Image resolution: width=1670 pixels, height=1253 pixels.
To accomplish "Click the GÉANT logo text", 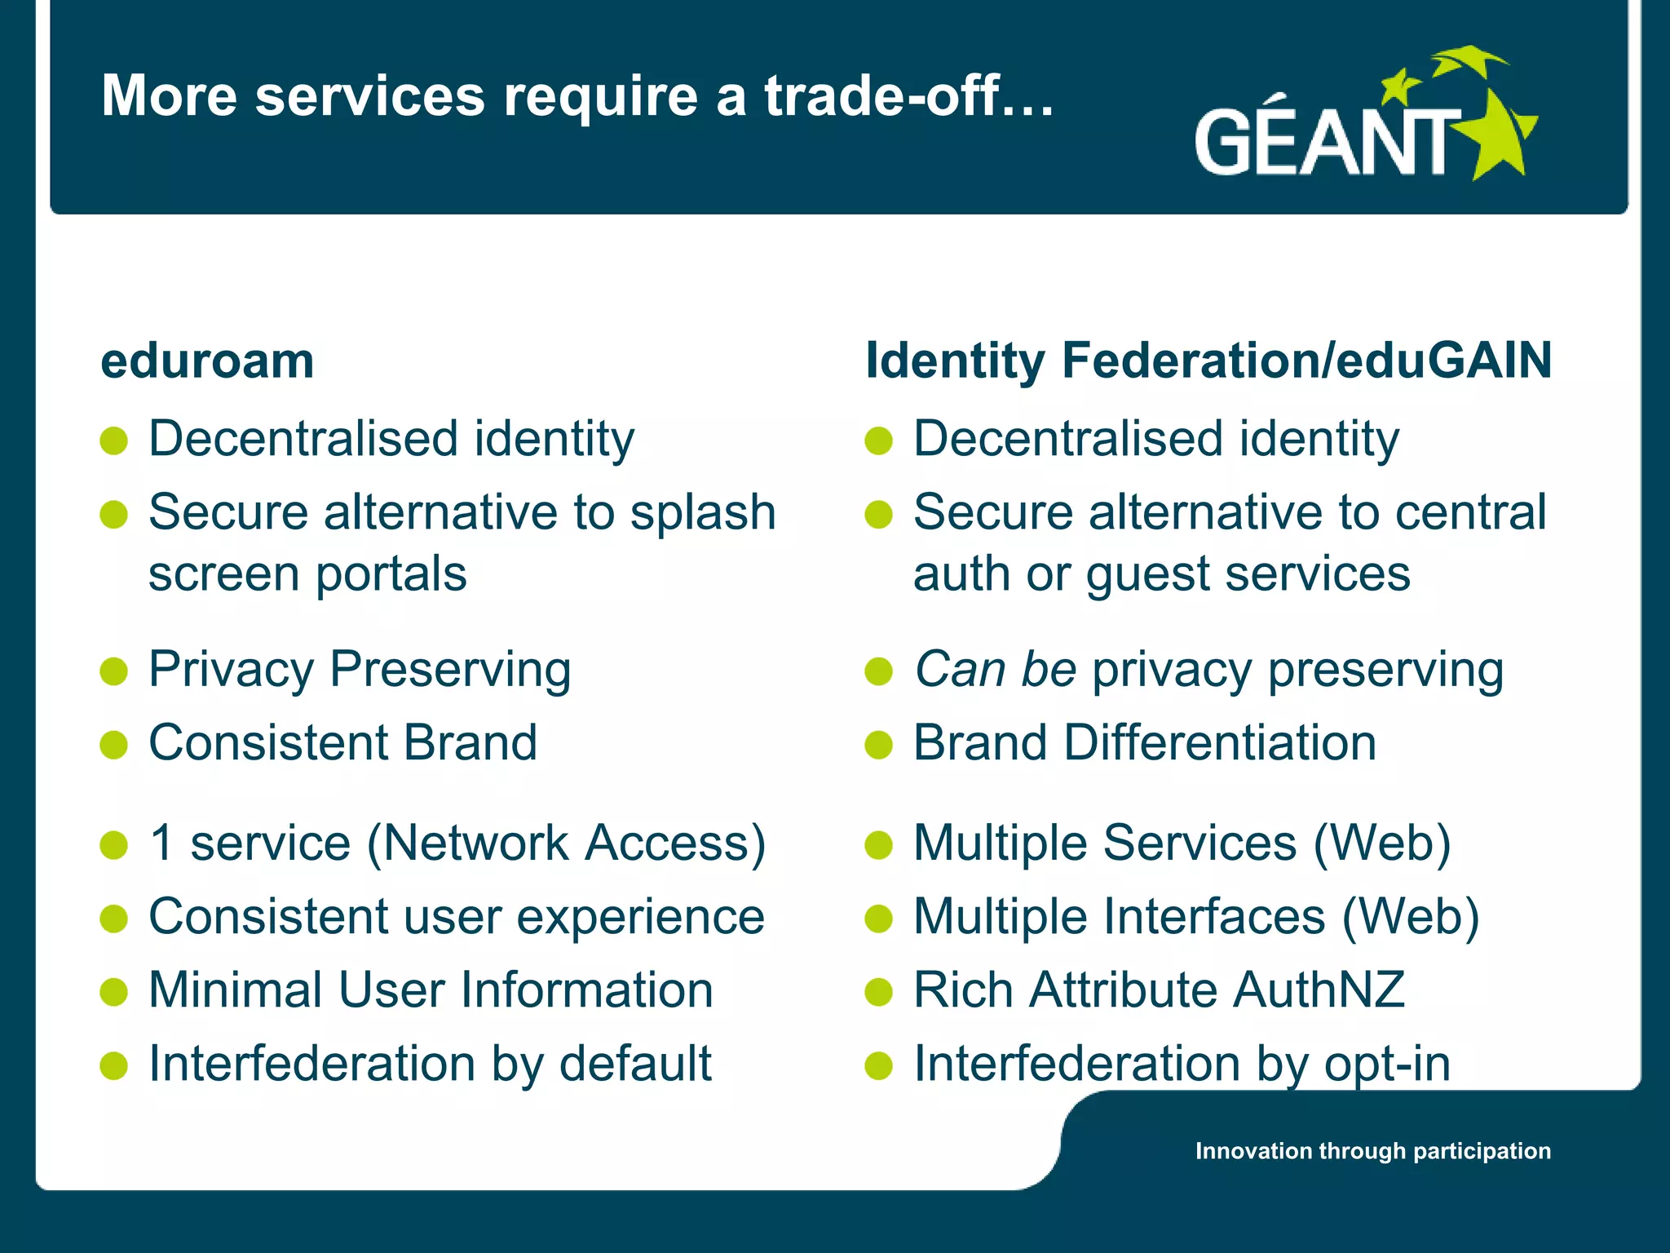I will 1325,143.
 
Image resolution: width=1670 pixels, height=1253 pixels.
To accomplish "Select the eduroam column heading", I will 207,361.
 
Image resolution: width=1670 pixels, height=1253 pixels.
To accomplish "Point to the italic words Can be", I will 995,670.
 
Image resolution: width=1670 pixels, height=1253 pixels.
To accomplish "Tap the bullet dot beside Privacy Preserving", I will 114,671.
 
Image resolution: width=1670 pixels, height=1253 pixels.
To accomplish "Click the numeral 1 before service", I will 162,843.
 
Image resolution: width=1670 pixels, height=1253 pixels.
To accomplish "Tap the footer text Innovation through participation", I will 1372,1151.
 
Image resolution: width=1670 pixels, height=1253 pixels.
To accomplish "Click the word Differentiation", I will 1220,743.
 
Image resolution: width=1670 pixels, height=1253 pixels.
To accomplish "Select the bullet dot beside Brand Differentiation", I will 879,745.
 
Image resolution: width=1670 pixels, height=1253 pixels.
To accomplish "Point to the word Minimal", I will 236,990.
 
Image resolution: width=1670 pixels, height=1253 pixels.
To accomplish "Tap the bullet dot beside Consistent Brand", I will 114,745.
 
